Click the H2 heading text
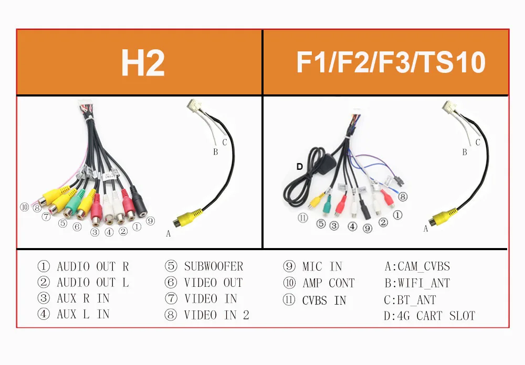pos(142,63)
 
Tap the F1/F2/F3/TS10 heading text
pos(390,63)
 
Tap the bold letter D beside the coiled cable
pos(300,167)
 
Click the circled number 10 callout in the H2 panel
pos(24,207)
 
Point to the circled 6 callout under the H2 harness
pos(77,227)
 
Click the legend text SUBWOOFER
pos(213,266)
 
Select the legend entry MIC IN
pos(322,266)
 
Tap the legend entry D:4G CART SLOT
pos(429,316)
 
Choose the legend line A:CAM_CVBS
pos(417,266)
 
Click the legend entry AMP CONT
pos(328,283)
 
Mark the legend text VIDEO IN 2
pos(216,315)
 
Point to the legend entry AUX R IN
pos(83,299)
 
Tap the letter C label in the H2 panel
pos(225,142)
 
